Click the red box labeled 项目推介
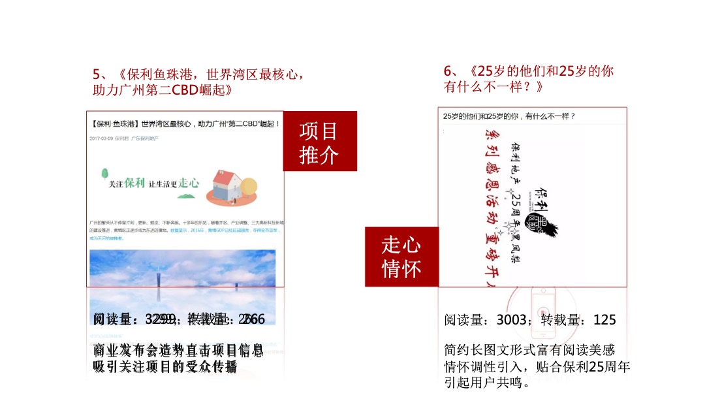pyautogui.click(x=319, y=142)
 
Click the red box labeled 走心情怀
pyautogui.click(x=401, y=257)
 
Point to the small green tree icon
pyautogui.click(x=104, y=174)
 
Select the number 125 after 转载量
pyautogui.click(x=604, y=320)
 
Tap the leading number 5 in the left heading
pyautogui.click(x=97, y=74)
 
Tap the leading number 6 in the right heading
pyautogui.click(x=448, y=71)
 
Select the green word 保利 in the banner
pyautogui.click(x=134, y=184)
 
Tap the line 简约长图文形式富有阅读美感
pyautogui.click(x=529, y=351)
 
